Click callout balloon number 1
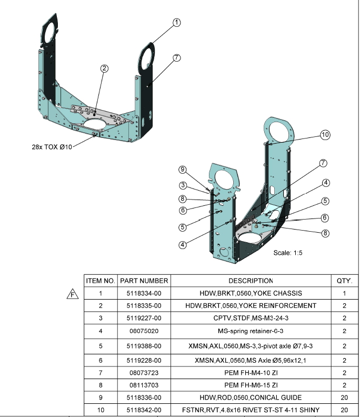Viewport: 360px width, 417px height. click(x=177, y=22)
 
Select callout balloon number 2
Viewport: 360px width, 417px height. click(x=105, y=68)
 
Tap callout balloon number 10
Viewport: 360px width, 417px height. click(x=325, y=135)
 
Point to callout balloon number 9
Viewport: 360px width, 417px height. click(x=183, y=170)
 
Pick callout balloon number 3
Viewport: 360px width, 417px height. click(x=183, y=185)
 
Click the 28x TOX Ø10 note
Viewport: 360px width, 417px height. click(x=52, y=147)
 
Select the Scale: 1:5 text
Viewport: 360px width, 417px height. click(x=288, y=253)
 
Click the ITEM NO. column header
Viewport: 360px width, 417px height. click(x=100, y=281)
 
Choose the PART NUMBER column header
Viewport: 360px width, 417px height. click(x=144, y=281)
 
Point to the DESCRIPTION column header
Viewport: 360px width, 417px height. click(x=251, y=281)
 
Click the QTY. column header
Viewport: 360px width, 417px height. click(x=344, y=281)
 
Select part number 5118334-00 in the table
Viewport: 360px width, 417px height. click(x=144, y=293)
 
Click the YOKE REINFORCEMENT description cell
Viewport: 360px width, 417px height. click(x=251, y=306)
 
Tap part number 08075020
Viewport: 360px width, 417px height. click(x=144, y=331)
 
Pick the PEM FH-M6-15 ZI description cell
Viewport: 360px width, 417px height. click(x=251, y=385)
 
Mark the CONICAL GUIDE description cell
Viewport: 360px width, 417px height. click(x=251, y=398)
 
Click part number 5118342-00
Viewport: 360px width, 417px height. click(x=144, y=410)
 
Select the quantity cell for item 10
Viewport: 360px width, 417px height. click(x=344, y=410)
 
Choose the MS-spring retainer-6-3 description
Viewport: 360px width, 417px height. click(x=251, y=331)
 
